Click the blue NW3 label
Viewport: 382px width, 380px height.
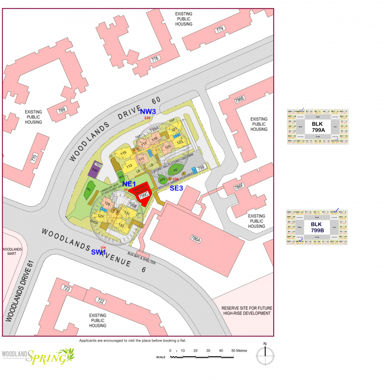pyautogui.click(x=148, y=111)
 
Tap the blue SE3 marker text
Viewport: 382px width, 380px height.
pyautogui.click(x=177, y=188)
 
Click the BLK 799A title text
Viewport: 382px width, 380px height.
pyautogui.click(x=317, y=127)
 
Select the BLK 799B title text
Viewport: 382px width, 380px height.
pyautogui.click(x=317, y=227)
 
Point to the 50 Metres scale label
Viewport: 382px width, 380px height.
pyautogui.click(x=240, y=351)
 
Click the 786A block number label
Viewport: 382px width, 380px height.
pyautogui.click(x=195, y=240)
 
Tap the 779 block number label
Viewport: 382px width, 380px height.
pyautogui.click(x=220, y=29)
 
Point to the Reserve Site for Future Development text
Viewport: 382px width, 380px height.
pyautogui.click(x=246, y=310)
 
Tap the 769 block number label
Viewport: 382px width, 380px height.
pyautogui.click(x=62, y=109)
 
